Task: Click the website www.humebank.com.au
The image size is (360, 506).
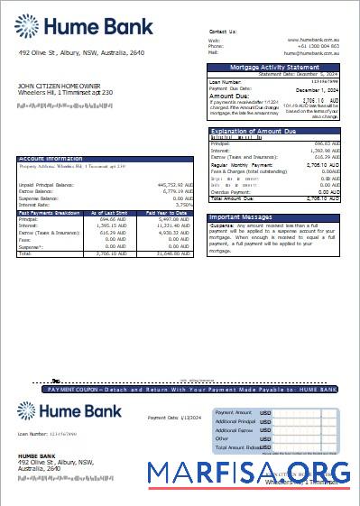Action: [313, 40]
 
